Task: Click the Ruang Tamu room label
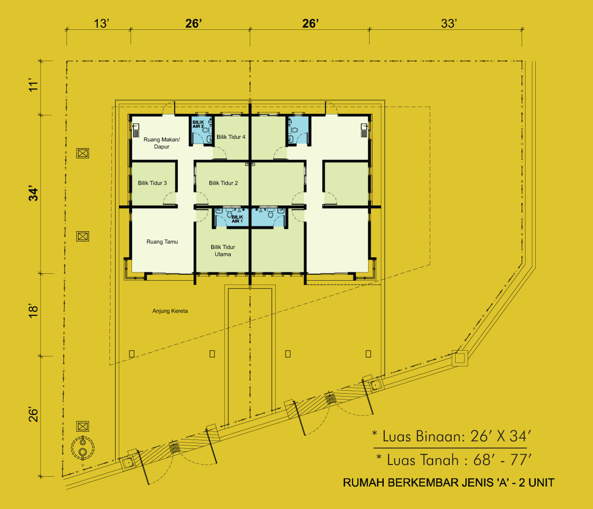point(162,242)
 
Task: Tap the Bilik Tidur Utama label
point(223,250)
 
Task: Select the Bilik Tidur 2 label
point(223,183)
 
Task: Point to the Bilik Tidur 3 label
point(153,183)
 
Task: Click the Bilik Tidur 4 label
point(231,137)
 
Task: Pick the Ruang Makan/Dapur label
point(162,143)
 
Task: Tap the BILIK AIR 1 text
point(237,219)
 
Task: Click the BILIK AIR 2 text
point(198,124)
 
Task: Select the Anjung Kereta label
point(170,311)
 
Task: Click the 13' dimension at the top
point(101,23)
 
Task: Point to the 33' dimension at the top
point(449,23)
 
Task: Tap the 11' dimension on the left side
point(34,86)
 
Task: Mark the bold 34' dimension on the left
point(34,195)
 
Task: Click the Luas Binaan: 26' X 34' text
point(452,437)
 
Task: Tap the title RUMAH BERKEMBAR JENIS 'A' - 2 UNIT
point(449,483)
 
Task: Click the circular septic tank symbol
point(83,447)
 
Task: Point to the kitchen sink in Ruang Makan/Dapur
point(136,130)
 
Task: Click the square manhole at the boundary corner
point(460,358)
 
